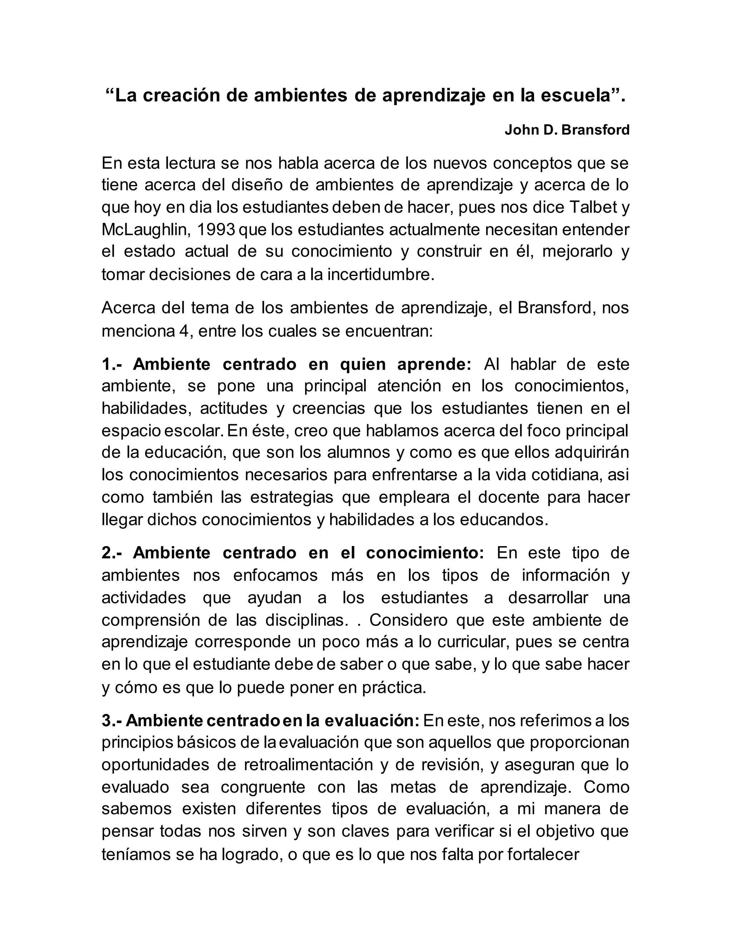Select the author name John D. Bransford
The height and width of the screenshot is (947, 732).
(x=567, y=130)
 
